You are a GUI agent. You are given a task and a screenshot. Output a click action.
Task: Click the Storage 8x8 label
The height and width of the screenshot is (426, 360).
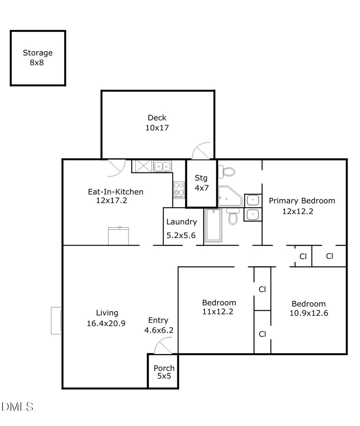[38, 58]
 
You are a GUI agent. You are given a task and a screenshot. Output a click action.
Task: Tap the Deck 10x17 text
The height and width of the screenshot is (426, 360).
[157, 123]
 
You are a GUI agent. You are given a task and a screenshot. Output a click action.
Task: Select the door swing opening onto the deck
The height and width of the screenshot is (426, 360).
[201, 152]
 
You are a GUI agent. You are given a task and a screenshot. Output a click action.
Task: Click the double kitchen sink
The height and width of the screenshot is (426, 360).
[162, 166]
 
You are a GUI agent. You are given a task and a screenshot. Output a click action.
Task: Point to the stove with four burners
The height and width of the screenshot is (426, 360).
[179, 190]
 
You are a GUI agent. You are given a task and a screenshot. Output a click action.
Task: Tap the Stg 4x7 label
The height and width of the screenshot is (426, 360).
[201, 183]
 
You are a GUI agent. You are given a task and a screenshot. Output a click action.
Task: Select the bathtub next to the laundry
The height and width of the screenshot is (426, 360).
[213, 225]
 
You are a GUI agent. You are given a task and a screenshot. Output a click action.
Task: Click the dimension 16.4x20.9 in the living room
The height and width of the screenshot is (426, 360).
[106, 324]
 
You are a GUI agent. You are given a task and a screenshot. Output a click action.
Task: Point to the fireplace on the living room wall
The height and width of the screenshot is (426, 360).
[56, 320]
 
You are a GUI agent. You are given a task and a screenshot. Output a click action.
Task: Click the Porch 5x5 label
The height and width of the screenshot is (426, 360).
[164, 372]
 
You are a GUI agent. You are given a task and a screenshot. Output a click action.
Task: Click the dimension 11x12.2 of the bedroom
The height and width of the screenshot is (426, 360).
[218, 312]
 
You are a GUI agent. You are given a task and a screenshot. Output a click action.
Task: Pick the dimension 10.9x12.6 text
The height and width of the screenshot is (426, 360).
[308, 313]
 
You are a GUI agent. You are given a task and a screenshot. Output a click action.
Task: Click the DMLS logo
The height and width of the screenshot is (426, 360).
[18, 407]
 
